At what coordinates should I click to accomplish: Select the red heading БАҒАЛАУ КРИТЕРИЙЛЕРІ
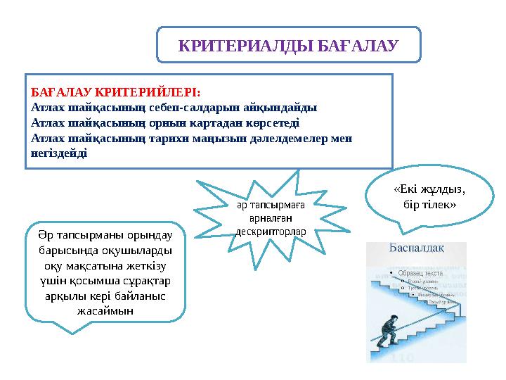pos(116,93)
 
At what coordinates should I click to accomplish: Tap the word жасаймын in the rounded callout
pos(105,310)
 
